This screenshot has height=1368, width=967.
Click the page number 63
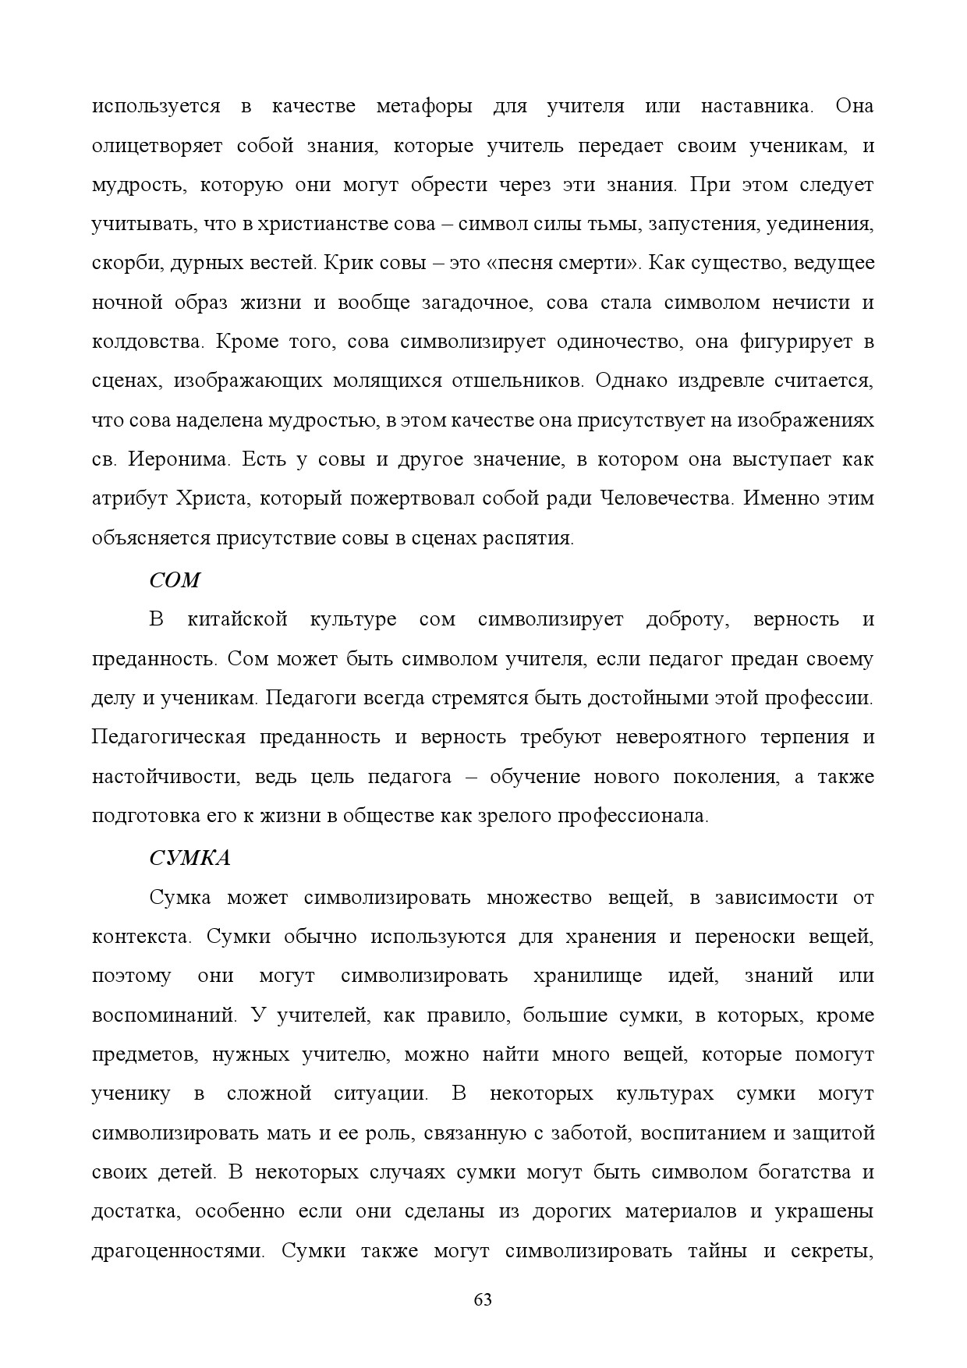point(483,1300)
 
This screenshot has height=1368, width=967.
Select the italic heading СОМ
point(175,580)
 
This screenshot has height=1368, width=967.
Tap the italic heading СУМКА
point(190,858)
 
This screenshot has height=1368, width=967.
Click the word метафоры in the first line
point(424,106)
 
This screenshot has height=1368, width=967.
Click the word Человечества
point(667,498)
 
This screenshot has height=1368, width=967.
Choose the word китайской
point(238,620)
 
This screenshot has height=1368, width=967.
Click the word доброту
point(687,620)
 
